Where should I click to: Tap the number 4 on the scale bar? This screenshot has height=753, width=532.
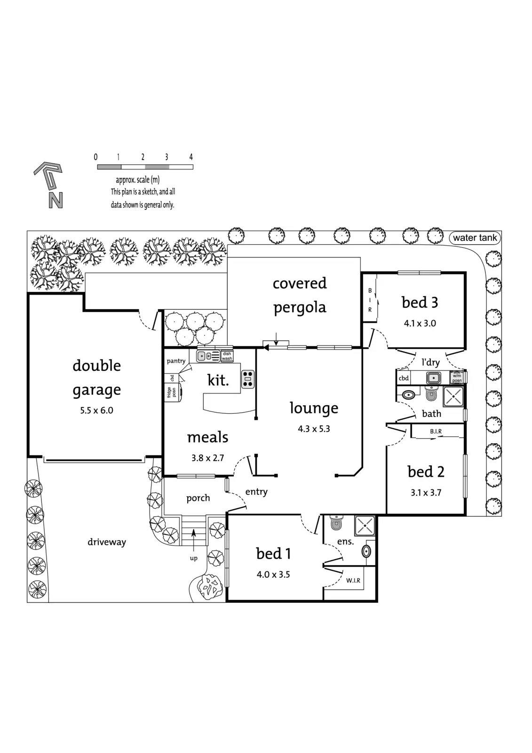coord(191,157)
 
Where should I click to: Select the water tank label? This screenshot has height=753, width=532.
coord(475,238)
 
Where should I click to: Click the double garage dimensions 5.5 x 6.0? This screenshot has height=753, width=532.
coord(96,410)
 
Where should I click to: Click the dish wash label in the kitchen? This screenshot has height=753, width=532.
coord(227,356)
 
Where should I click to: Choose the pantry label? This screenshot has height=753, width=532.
coord(176,360)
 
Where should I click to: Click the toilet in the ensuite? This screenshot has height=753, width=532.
coord(336,522)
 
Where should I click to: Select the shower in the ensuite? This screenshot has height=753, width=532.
coord(365,525)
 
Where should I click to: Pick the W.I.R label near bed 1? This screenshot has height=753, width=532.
coord(353,580)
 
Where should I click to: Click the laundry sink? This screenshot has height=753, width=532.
coord(434,378)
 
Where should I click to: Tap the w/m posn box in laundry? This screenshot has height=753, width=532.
coord(457,377)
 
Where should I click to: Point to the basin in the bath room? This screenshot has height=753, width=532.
coord(408,395)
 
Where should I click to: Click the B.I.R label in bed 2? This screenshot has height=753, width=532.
coord(436,431)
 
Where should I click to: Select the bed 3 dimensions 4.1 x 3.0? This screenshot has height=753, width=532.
coord(420,323)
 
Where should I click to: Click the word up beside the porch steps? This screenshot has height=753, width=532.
coord(194,558)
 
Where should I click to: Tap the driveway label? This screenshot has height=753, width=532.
coord(106,542)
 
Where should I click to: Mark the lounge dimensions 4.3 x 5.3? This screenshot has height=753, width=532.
coord(314,429)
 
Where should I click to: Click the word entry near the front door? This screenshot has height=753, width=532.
coord(256,492)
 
